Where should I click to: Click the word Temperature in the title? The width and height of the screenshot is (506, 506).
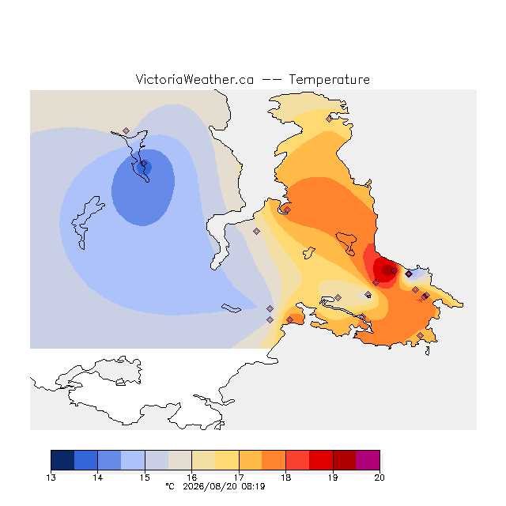(x=329, y=80)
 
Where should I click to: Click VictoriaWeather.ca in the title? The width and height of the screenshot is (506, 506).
(x=194, y=80)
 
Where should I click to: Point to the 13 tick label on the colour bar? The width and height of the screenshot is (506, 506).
(x=51, y=478)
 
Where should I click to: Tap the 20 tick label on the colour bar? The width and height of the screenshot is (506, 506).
(x=379, y=478)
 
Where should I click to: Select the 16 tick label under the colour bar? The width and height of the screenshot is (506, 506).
(x=191, y=478)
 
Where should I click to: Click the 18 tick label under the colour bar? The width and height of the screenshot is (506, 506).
(x=285, y=478)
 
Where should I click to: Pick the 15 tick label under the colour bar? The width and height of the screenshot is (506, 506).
(x=145, y=478)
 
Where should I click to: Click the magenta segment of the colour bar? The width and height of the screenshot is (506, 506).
(x=368, y=460)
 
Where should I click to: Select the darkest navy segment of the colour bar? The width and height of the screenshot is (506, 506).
(x=62, y=460)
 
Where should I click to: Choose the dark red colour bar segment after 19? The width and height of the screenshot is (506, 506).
(x=345, y=460)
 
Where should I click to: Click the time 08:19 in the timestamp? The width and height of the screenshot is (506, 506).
(x=253, y=486)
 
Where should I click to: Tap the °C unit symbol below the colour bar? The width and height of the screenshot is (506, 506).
(x=170, y=486)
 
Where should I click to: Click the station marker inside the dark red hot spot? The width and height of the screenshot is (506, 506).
(x=394, y=270)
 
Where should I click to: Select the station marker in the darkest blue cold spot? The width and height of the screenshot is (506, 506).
(x=144, y=164)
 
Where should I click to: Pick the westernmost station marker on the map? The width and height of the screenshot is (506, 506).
(x=126, y=130)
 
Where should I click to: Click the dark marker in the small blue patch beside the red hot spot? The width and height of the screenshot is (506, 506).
(x=409, y=274)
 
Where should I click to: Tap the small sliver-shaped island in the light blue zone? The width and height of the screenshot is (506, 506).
(x=231, y=308)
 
